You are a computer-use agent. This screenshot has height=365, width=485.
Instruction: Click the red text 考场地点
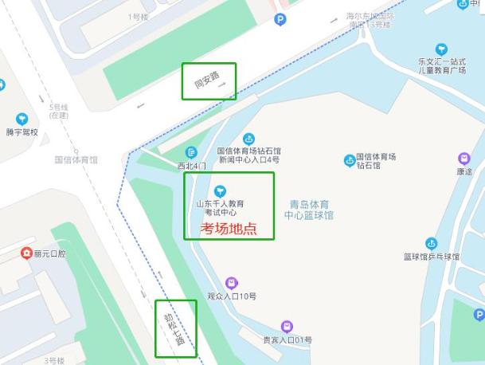pos(229,230)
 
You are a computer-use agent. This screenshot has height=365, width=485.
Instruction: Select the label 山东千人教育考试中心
pos(221,208)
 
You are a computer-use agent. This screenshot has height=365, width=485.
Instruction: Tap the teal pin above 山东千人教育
pos(221,190)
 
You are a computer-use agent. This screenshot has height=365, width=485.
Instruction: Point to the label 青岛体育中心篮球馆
pos(309,210)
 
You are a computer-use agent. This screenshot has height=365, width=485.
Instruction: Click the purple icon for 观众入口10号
pos(231,282)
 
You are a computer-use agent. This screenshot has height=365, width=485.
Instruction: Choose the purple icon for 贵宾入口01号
pos(287,326)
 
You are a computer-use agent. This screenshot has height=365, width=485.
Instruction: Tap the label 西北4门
pos(191,166)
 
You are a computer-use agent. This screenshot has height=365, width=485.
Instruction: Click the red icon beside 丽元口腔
pos(25,253)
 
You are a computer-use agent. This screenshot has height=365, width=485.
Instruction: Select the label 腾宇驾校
pos(22,132)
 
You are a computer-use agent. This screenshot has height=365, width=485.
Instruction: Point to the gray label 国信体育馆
pos(76,159)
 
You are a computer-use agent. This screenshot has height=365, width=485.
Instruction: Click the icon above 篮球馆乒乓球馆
pos(431,243)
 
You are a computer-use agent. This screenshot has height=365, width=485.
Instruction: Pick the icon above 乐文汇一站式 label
pos(441,49)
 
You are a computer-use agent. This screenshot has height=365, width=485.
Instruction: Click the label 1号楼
pos(137,16)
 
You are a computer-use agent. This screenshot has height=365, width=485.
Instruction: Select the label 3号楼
pos(54,360)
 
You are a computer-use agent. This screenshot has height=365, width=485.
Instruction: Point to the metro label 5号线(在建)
pos(59,111)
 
